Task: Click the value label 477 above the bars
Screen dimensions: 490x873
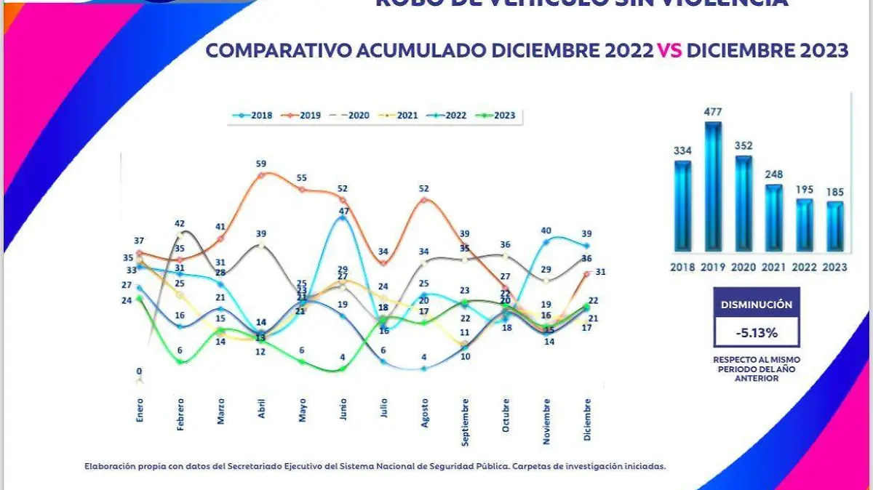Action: [x=713, y=113]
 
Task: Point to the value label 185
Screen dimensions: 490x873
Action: [x=836, y=193]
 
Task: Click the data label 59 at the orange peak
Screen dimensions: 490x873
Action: [x=261, y=164]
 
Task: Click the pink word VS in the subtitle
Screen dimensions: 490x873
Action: [x=670, y=50]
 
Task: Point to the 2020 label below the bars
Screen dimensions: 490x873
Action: [x=744, y=267]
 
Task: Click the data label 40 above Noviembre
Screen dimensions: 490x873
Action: [x=546, y=231]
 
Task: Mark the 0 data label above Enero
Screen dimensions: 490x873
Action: [x=140, y=371]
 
